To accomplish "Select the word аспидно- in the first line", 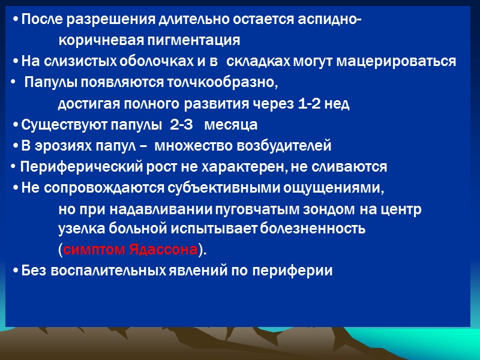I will pos(329,20).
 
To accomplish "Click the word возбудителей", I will pos(289,146).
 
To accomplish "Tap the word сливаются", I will pos(354,167).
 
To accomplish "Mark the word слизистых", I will pos(68,61).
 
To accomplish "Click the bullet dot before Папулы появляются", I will pos(13,82).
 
